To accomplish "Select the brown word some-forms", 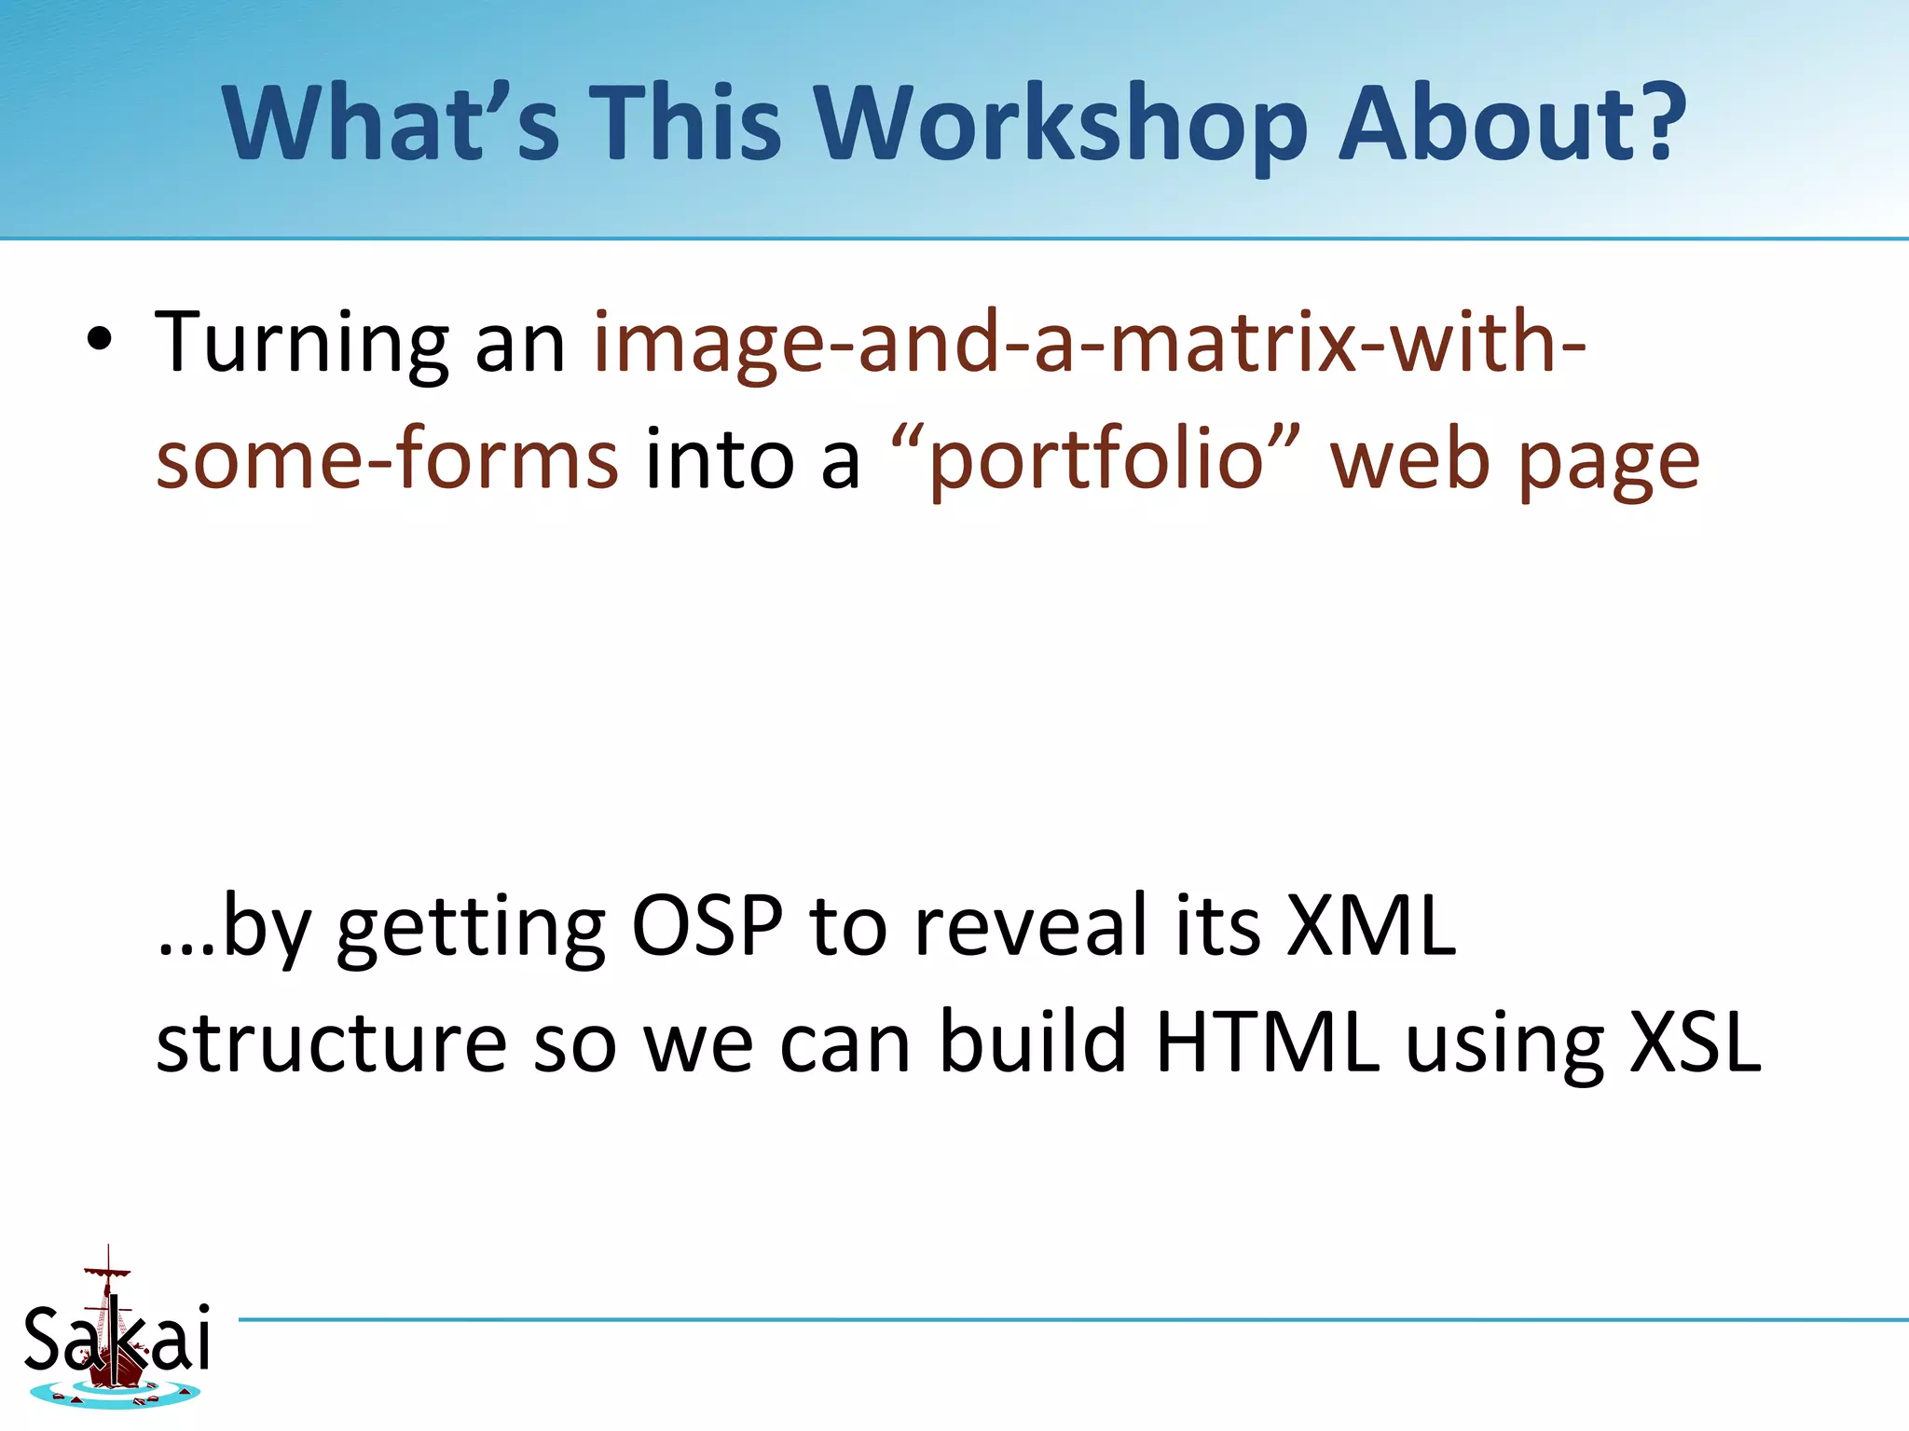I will [387, 459].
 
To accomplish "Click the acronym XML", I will [1370, 926].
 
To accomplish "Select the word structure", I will [330, 1043].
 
